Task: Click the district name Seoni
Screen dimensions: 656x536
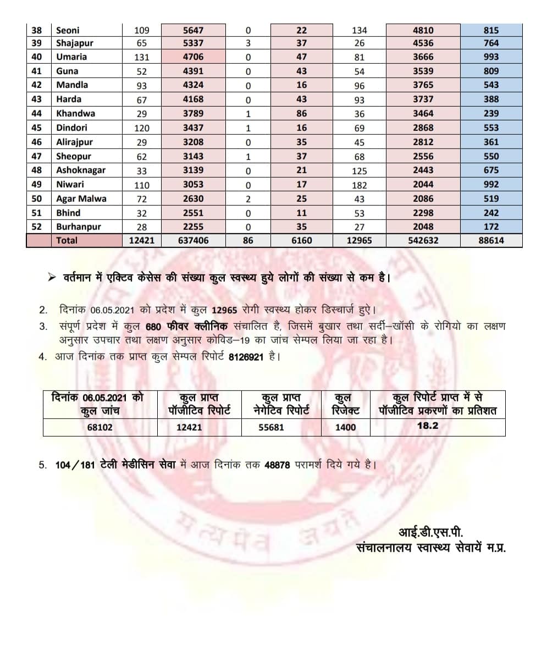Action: pos(68,31)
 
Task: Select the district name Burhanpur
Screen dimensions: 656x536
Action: pos(79,227)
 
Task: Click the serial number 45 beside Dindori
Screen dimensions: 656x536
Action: pos(37,128)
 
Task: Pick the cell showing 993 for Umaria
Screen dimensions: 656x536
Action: pos(491,57)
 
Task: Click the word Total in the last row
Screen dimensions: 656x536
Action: pos(67,240)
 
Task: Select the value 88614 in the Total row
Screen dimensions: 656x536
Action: pos(491,240)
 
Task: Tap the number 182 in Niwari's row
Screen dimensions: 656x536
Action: pos(360,185)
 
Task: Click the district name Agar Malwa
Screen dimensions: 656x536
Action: pos(81,199)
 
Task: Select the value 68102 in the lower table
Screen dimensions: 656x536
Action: pos(100,427)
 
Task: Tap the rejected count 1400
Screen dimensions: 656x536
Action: pos(345,427)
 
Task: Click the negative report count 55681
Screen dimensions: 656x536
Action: pos(271,427)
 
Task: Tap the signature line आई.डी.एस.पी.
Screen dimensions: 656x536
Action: pos(431,532)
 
